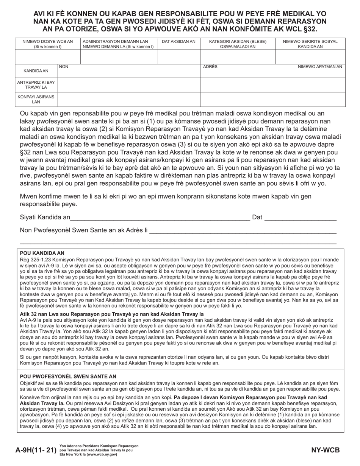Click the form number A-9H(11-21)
pos(36,450)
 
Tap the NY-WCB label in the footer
pos(326,450)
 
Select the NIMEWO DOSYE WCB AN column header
pos(48,44)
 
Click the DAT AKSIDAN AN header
pos(178,42)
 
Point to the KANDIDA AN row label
pos(36,71)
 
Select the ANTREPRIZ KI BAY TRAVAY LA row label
pos(36,85)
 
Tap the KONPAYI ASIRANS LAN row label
pos(36,99)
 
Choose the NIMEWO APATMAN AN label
pos(319,67)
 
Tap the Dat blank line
pos(300,217)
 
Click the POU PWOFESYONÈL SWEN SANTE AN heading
pos(68,376)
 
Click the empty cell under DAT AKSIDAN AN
pos(178,56)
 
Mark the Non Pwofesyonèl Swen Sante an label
pos(83,230)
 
